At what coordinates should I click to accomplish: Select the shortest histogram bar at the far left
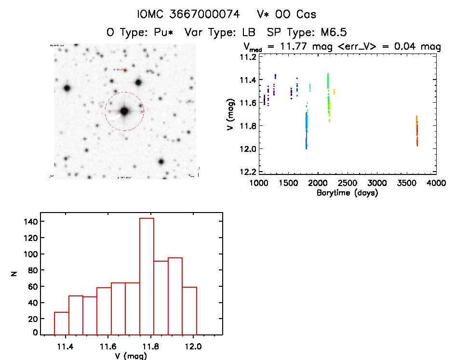point(61,323)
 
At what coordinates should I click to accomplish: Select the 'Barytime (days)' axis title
point(347,193)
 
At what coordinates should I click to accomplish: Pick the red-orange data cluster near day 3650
point(417,131)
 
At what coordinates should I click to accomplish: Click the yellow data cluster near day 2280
point(334,92)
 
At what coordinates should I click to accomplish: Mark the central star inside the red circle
point(124,111)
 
